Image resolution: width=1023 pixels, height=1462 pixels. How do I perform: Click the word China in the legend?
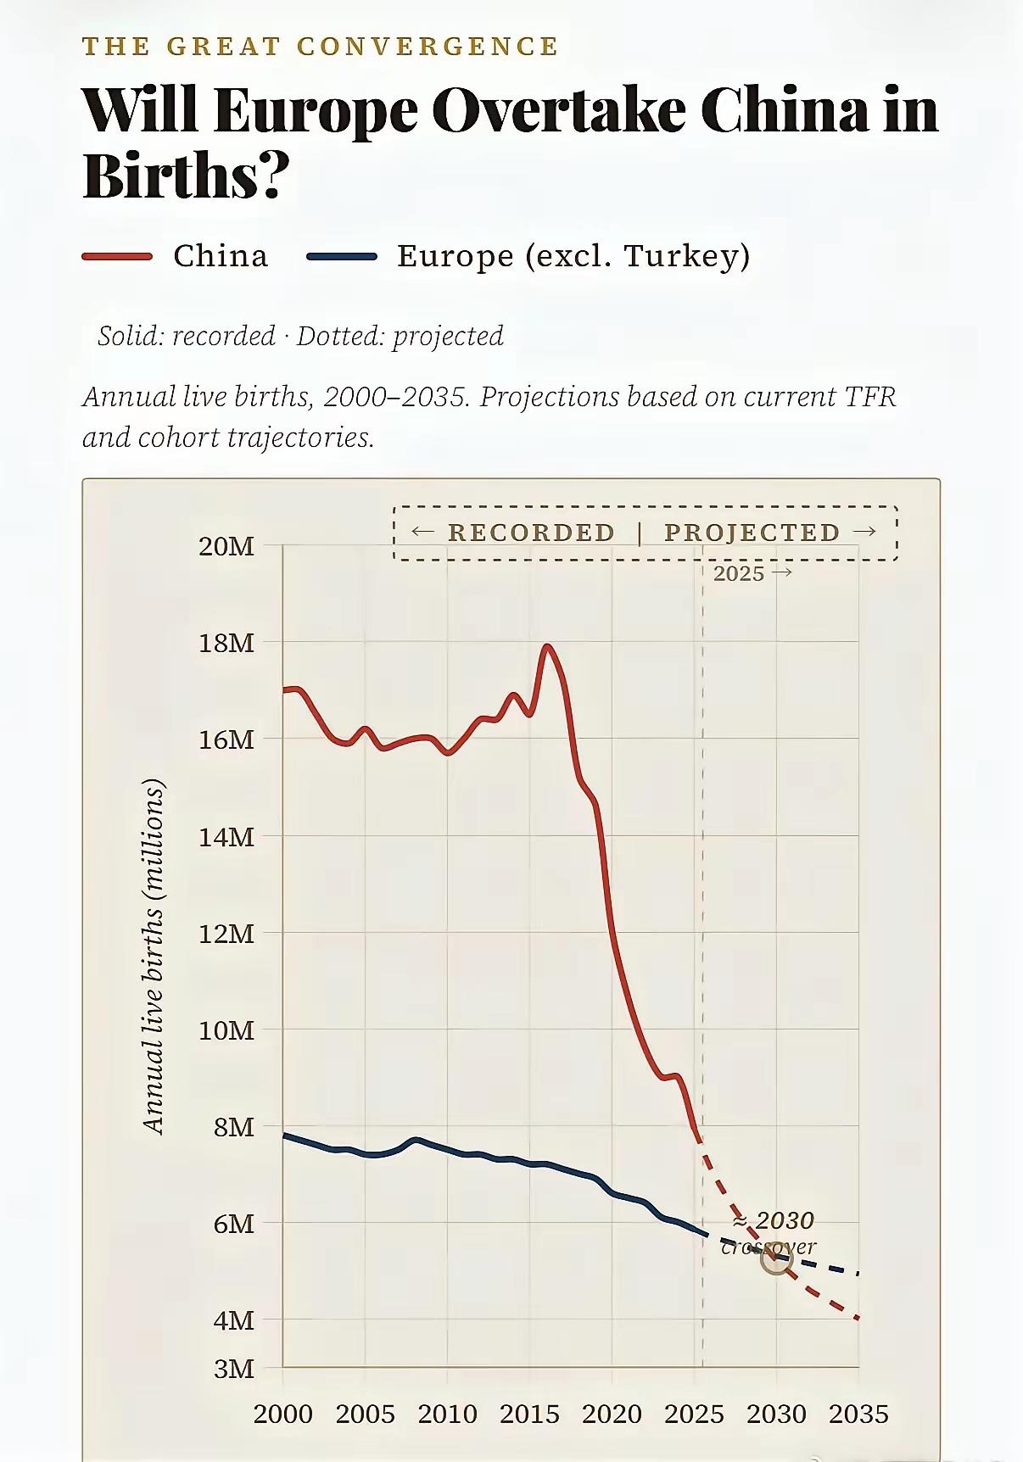coord(221,255)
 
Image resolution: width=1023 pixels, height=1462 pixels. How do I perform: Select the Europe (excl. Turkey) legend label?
coord(573,255)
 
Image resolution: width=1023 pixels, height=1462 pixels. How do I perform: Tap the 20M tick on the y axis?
coord(226,546)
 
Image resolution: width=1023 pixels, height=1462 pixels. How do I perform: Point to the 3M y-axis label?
coord(233,1369)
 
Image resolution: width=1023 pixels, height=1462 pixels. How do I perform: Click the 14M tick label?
coord(226,837)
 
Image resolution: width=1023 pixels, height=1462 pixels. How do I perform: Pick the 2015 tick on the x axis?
coord(529,1414)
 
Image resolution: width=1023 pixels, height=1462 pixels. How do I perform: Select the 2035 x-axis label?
coord(858,1414)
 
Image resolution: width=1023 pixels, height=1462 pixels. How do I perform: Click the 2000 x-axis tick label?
coord(283,1414)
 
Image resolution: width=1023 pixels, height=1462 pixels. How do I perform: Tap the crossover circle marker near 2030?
coord(776,1259)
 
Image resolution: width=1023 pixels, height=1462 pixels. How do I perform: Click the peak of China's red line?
coord(547,647)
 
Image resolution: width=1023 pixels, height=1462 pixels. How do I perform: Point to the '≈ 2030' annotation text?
coord(773,1220)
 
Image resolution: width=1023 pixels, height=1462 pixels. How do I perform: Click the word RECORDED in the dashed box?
coord(531,533)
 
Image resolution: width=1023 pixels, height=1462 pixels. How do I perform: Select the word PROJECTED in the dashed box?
coord(752,533)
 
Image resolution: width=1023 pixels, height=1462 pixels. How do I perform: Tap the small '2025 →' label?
coord(752,573)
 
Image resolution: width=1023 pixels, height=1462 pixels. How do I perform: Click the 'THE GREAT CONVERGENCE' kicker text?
coord(321,46)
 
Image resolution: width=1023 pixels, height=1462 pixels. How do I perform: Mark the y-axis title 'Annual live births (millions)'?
coord(154,956)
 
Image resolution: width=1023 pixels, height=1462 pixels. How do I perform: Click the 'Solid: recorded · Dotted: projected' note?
coord(300,336)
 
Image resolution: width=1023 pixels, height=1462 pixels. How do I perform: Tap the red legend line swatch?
coord(117,256)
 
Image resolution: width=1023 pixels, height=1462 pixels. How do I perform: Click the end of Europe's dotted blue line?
coord(858,1273)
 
